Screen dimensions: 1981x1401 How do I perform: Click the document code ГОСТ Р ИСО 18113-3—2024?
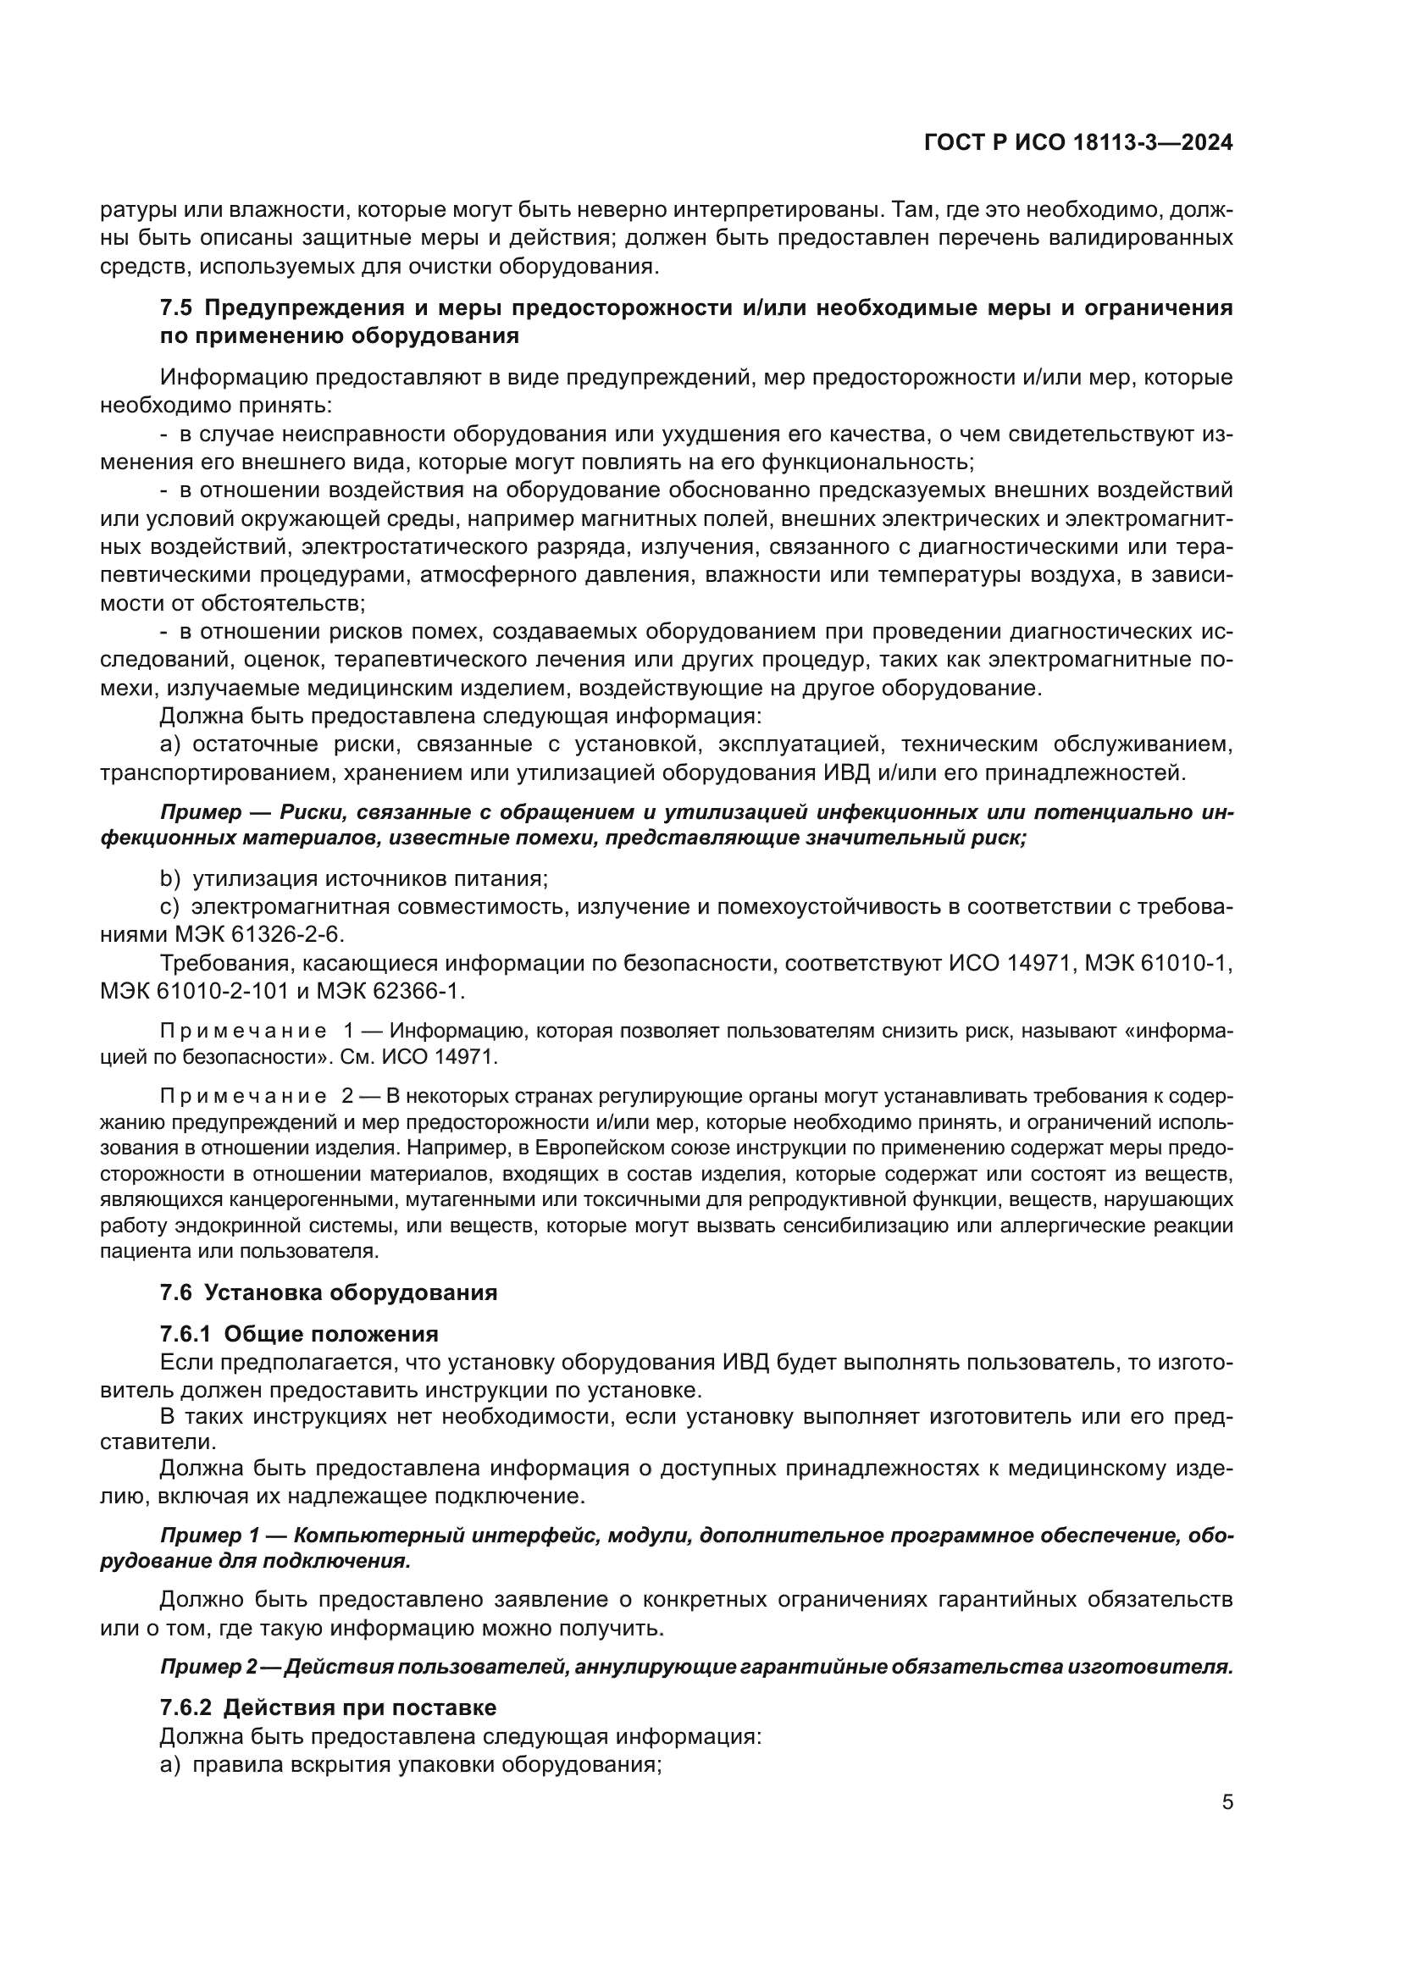(1077, 143)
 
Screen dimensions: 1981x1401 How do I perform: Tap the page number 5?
(1227, 1803)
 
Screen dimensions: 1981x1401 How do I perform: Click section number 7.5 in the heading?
(178, 308)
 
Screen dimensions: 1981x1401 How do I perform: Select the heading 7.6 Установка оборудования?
(329, 1292)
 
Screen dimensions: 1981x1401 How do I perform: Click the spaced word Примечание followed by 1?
(243, 1031)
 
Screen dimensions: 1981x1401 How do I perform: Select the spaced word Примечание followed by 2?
(243, 1097)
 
